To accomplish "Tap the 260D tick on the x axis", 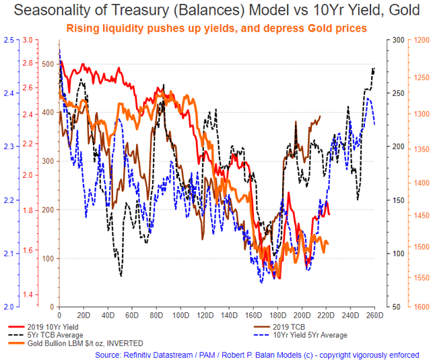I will click(x=374, y=314).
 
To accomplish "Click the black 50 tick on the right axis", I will click(x=397, y=307).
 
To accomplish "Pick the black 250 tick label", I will click(x=395, y=93).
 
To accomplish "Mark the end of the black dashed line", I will click(x=374, y=69).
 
